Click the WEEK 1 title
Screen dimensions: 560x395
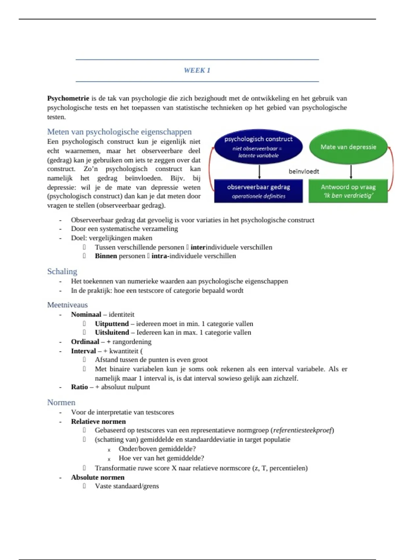tap(197, 70)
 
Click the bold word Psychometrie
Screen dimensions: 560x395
tap(68, 98)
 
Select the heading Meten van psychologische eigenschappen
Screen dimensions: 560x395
tap(119, 132)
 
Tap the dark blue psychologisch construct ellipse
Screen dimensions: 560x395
tap(258, 146)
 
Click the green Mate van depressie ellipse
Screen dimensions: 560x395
tap(348, 147)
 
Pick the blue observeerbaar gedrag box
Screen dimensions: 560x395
tap(258, 191)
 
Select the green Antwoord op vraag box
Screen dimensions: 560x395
tap(348, 191)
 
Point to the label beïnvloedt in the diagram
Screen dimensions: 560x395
tap(303, 171)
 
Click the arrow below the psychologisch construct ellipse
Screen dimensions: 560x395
tap(259, 172)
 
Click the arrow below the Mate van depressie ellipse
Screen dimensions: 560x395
tap(351, 172)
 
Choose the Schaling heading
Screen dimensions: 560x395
tap(62, 271)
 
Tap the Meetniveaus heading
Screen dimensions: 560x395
tap(67, 305)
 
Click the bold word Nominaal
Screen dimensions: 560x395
tap(86, 314)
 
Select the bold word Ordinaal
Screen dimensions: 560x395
tap(85, 342)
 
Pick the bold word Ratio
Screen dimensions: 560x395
tap(79, 387)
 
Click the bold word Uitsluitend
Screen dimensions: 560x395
tap(112, 332)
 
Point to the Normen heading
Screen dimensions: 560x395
tap(61, 403)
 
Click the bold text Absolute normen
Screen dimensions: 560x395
tap(97, 477)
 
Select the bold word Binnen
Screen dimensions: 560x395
tap(106, 256)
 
